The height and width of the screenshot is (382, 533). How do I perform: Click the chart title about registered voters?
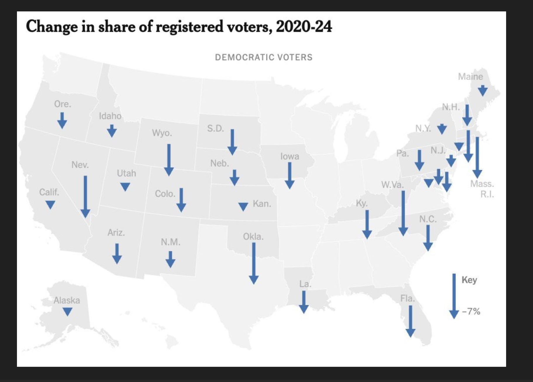point(179,27)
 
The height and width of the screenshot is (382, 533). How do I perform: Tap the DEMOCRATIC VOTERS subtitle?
point(264,57)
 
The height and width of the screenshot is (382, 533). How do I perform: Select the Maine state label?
point(470,77)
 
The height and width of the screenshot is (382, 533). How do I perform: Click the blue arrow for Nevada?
point(85,196)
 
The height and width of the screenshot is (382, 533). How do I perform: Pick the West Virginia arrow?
point(403,213)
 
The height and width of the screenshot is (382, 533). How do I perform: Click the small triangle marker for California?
point(50,204)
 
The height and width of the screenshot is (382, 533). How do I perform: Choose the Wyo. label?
point(162,133)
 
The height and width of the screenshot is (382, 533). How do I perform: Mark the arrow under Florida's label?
point(410,321)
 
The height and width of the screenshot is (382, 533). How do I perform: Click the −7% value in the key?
point(471,312)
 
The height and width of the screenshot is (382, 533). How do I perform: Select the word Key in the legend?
point(469,280)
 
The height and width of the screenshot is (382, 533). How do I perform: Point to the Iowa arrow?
point(289,175)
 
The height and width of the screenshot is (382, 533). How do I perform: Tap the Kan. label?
point(262,204)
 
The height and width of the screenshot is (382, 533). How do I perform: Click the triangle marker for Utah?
point(125,186)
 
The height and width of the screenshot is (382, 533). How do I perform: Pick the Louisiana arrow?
point(304,302)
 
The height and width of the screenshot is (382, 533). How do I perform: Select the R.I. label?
point(487,194)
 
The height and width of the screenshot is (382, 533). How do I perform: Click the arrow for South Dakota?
point(232,142)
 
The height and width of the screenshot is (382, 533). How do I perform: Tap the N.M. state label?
point(170,242)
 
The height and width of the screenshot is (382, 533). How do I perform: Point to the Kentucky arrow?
point(367,224)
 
